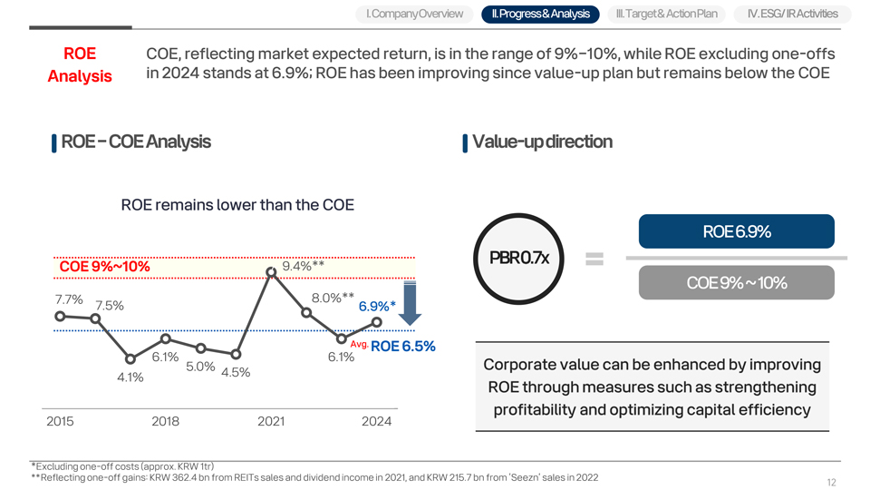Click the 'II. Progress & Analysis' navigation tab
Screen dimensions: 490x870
540,14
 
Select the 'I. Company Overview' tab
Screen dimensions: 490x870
414,14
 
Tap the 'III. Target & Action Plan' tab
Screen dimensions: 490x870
666,14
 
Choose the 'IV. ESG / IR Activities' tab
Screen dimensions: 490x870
793,14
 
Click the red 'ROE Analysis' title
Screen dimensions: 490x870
80,64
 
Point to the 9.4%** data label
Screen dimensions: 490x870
304,266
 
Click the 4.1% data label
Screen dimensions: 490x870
130,377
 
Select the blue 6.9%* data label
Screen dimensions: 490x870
377,306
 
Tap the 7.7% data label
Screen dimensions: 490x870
69,299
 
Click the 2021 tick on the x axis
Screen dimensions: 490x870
271,421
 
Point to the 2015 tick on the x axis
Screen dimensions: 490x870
60,421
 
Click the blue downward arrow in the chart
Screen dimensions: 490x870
409,303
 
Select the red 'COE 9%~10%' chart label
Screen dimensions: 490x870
104,267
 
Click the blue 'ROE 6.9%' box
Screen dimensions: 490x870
736,231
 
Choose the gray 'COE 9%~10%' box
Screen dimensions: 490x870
736,282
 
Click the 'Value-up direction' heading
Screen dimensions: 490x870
542,142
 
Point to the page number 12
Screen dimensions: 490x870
831,482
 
